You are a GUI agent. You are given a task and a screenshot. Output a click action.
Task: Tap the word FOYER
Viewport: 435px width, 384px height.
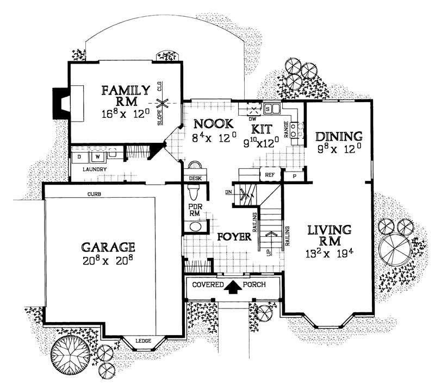click(234, 237)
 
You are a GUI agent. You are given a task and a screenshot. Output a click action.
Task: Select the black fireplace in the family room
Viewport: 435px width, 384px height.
click(58, 103)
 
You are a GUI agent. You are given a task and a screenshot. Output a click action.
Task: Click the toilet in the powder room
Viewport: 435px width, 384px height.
click(193, 192)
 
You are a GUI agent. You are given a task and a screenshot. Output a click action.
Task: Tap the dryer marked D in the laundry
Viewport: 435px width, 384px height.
click(79, 158)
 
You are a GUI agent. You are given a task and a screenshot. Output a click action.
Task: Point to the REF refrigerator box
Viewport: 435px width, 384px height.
click(269, 175)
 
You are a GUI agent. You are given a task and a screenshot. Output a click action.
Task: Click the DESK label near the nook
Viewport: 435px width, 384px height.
click(194, 178)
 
